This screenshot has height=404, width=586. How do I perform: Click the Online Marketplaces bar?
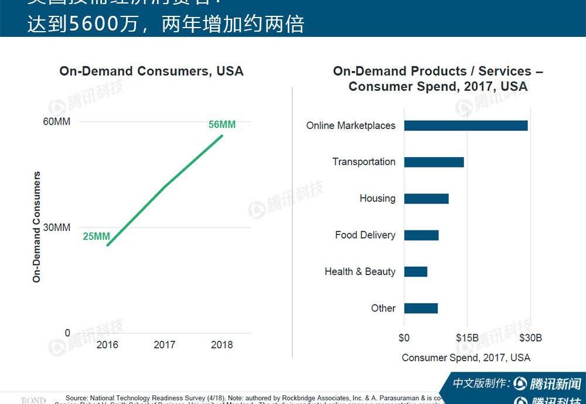tap(466, 125)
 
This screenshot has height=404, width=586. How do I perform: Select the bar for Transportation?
tap(434, 162)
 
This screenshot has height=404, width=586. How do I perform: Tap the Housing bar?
tap(426, 199)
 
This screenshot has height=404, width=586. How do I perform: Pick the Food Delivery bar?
tap(421, 235)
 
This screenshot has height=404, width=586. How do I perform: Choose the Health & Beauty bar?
tap(415, 271)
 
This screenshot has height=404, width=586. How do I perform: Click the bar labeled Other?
tap(421, 308)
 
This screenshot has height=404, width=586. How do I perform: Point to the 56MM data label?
tap(222, 124)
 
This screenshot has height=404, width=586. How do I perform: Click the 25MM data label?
tap(96, 236)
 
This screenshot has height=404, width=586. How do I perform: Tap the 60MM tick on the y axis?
tap(57, 122)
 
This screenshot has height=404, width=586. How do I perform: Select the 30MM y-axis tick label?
tap(58, 228)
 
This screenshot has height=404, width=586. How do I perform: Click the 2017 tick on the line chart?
tap(165, 345)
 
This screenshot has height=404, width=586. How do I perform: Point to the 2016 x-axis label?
tap(107, 345)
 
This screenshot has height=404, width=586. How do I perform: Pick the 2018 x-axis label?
tap(222, 345)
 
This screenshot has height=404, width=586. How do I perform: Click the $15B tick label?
tap(467, 338)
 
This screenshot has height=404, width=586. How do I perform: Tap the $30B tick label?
tap(530, 338)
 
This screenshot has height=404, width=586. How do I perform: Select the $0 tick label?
tap(404, 338)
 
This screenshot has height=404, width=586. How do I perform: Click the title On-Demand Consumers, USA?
tap(151, 71)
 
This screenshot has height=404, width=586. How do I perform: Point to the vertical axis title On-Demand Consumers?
tap(37, 227)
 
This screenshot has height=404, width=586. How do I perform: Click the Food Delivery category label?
tap(365, 235)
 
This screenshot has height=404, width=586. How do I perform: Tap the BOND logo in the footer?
tap(33, 400)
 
